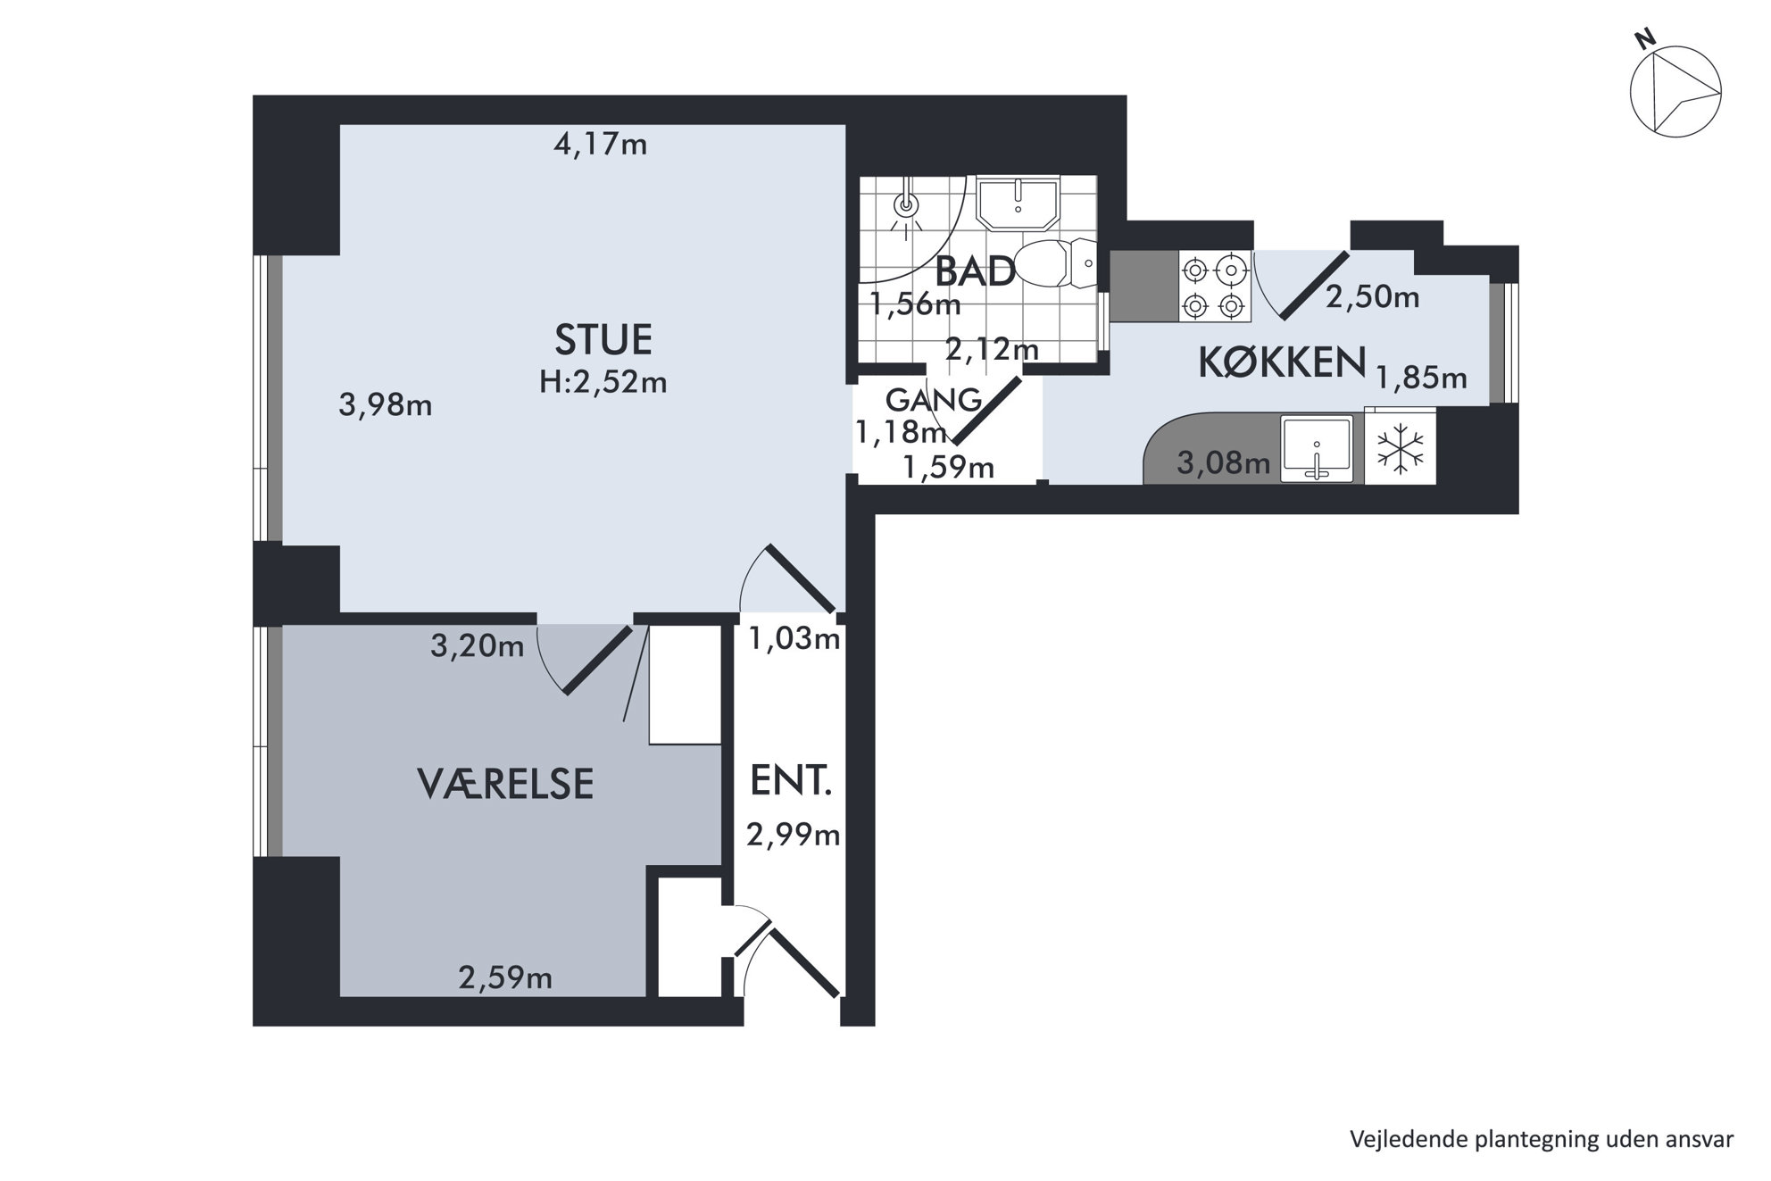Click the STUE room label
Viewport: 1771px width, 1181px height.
pyautogui.click(x=603, y=339)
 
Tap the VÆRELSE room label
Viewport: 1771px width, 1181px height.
pyautogui.click(x=505, y=784)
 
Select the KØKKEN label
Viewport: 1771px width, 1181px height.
pyautogui.click(x=1282, y=362)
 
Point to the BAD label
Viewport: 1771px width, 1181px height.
pyautogui.click(x=975, y=271)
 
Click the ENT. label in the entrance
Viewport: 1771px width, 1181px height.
pyautogui.click(x=791, y=781)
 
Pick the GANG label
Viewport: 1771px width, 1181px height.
pyautogui.click(x=934, y=399)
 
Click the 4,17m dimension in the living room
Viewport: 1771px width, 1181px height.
pyautogui.click(x=601, y=144)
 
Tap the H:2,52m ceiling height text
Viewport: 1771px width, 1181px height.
pyautogui.click(x=603, y=382)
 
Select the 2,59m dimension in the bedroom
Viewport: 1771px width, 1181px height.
pyautogui.click(x=505, y=978)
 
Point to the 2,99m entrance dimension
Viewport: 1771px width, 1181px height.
pyautogui.click(x=794, y=835)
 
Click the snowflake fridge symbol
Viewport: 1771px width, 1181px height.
pyautogui.click(x=1400, y=448)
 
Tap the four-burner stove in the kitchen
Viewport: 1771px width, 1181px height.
pyautogui.click(x=1215, y=287)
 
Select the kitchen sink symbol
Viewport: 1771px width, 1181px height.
pyautogui.click(x=1317, y=449)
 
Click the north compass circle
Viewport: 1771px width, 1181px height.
pyautogui.click(x=1675, y=92)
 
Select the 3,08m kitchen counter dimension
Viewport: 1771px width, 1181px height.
pyautogui.click(x=1224, y=462)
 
